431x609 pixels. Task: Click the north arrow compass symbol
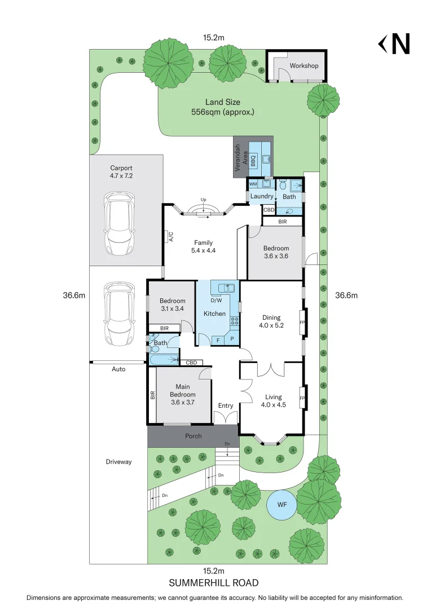(394, 44)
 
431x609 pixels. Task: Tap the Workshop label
(304, 66)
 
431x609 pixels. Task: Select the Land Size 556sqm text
(222, 107)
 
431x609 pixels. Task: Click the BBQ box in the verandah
(253, 160)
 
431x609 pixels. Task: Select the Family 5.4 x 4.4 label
(203, 246)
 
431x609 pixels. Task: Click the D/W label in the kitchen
(216, 300)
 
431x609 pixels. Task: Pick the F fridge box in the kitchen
(218, 339)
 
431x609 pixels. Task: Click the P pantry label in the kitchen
(232, 339)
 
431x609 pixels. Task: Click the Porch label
(193, 436)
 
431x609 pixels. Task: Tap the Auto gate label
(118, 369)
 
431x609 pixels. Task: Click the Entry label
(226, 405)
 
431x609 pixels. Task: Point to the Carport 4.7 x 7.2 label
(121, 172)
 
